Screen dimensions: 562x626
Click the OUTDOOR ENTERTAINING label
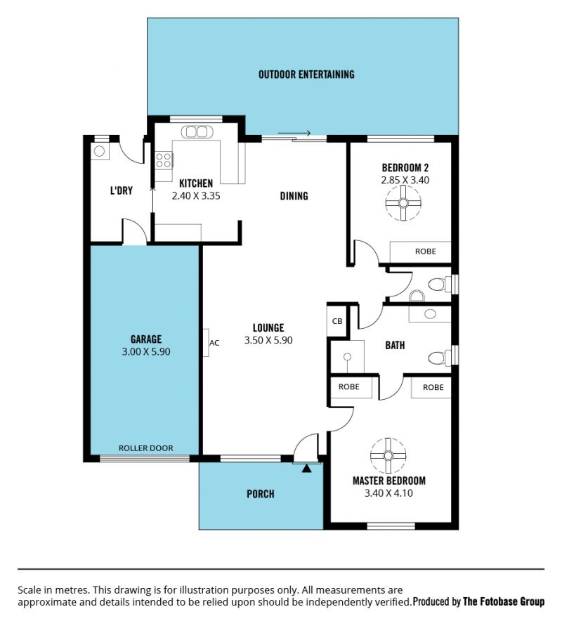point(306,74)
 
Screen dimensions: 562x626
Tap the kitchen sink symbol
point(197,132)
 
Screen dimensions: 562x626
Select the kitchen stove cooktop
point(164,159)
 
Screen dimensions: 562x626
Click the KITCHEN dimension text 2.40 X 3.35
point(196,196)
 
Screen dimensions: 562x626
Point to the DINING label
point(294,196)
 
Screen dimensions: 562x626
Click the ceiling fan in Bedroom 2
point(403,203)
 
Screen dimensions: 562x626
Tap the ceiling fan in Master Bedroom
point(388,455)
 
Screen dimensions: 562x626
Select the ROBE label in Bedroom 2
point(426,252)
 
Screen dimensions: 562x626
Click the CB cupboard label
point(337,321)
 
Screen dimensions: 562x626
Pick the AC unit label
point(214,343)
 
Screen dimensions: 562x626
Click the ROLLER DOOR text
point(145,448)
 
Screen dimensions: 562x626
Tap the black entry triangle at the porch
point(306,469)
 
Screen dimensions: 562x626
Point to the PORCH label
point(261,494)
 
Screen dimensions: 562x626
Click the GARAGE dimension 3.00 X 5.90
point(146,352)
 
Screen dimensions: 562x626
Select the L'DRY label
point(122,191)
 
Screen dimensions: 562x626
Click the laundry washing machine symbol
point(100,151)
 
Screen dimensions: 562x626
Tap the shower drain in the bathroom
point(348,357)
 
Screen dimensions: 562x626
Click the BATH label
point(395,346)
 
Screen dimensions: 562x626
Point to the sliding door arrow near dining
point(294,133)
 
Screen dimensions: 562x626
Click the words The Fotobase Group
point(504,601)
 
